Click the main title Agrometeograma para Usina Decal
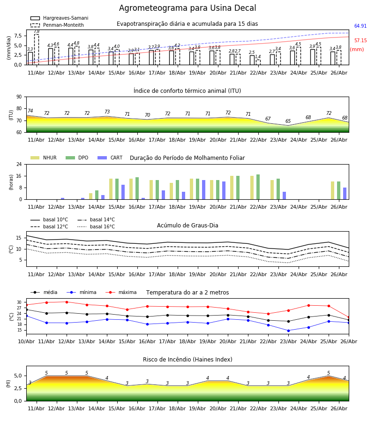[x=187, y=8]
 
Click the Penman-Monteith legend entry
[x=57, y=25]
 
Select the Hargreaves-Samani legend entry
[x=59, y=18]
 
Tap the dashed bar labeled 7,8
[x=37, y=50]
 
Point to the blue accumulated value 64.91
[x=360, y=26]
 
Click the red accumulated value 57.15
[x=360, y=41]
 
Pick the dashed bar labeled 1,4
[x=258, y=62]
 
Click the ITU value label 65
[x=288, y=121]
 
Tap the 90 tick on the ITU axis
[x=19, y=97]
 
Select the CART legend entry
[x=110, y=158]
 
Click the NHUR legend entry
[x=44, y=158]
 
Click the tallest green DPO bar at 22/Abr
[x=258, y=187]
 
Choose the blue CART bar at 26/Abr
[x=345, y=194]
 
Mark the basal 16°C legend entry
[x=96, y=226]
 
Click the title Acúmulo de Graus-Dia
[x=187, y=226]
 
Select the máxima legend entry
[x=121, y=292]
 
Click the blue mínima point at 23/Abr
[x=288, y=331]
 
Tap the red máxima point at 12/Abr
[x=67, y=302]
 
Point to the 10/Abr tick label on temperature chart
[x=26, y=341]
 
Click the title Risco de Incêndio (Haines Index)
[x=187, y=360]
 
